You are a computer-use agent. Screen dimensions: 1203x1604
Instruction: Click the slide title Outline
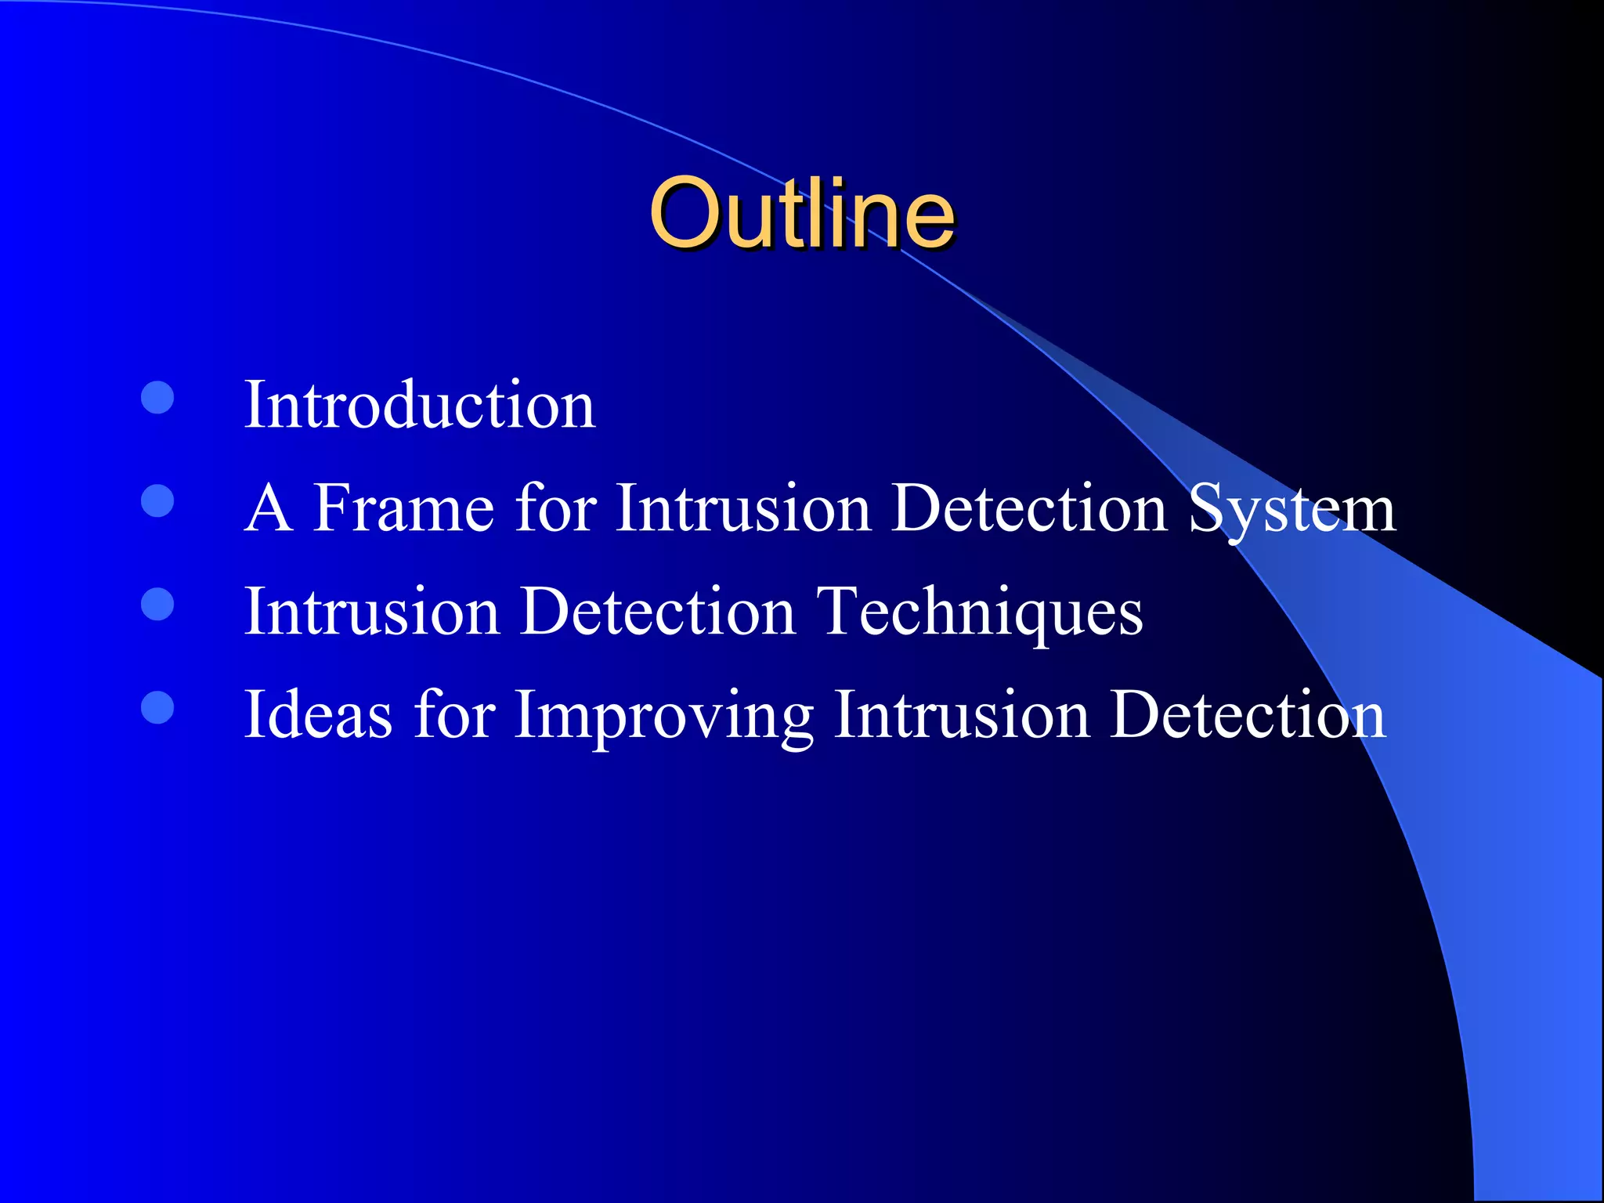tap(801, 213)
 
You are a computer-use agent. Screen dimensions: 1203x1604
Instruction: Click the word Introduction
tap(420, 405)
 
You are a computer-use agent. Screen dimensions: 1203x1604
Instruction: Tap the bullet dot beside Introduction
tap(157, 398)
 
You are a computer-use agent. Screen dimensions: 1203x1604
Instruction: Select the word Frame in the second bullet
tap(403, 508)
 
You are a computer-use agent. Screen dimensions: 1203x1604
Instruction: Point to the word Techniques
tap(979, 612)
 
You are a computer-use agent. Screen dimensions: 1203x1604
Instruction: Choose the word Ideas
tap(318, 714)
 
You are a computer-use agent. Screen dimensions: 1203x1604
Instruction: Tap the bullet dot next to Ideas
tap(157, 707)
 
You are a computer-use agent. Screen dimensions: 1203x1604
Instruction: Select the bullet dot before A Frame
tap(157, 501)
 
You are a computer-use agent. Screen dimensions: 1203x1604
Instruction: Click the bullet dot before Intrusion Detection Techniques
tap(157, 604)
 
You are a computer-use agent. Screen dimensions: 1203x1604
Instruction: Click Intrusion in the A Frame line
tap(743, 508)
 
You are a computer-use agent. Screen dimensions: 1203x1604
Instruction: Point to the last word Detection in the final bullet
tap(1248, 714)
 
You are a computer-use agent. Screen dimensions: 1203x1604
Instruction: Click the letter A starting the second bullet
tap(269, 508)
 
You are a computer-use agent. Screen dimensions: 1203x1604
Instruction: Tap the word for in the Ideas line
tap(454, 714)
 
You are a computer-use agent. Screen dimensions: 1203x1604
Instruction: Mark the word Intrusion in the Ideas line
tap(961, 714)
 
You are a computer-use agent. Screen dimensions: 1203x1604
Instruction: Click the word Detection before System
tap(1029, 508)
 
